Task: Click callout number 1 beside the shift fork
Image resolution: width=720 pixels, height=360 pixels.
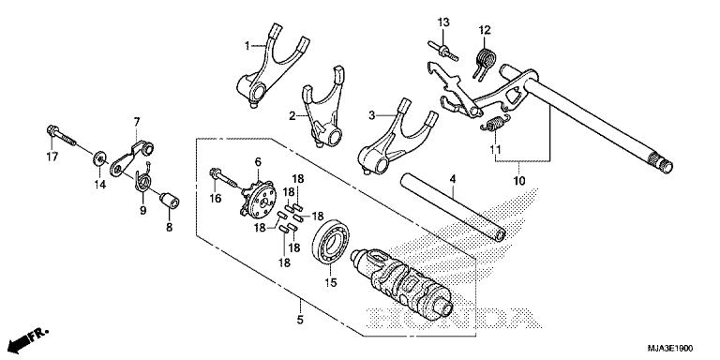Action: pos(248,45)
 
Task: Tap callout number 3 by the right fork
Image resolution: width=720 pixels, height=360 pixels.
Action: pos(372,115)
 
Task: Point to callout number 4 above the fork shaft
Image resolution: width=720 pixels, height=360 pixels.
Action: pos(451,177)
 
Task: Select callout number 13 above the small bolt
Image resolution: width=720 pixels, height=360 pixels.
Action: pos(442,22)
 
